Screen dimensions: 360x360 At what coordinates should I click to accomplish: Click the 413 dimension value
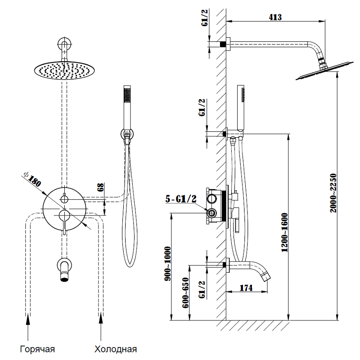pyautogui.click(x=275, y=18)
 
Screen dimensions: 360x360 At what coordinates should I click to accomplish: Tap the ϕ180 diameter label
pyautogui.click(x=33, y=179)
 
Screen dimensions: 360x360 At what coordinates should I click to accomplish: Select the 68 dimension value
pyautogui.click(x=101, y=187)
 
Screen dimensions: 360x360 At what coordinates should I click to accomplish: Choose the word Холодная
pyautogui.click(x=116, y=349)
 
